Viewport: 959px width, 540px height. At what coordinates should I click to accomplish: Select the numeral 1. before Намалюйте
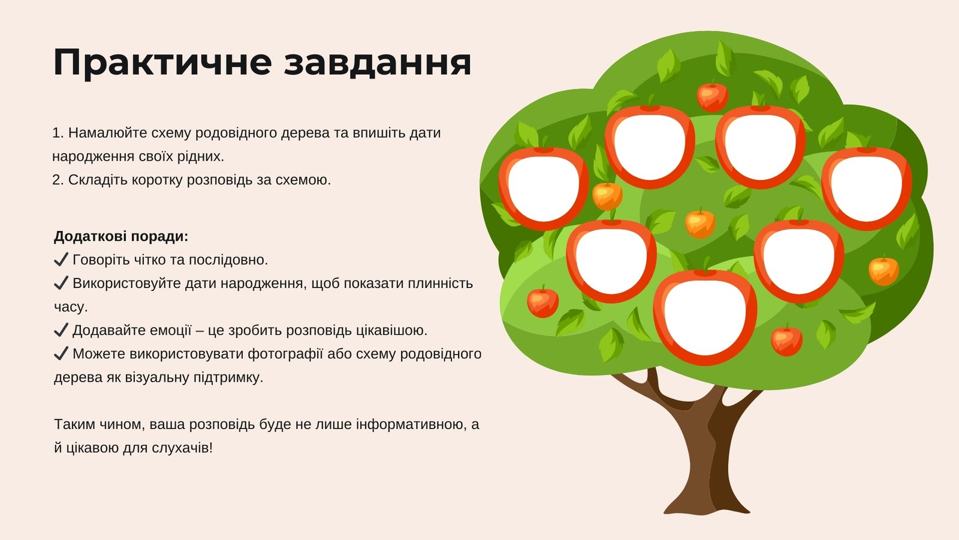58,133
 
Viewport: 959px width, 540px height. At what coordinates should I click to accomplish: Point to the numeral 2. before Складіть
58,180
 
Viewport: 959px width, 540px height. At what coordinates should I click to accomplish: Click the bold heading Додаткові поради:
121,236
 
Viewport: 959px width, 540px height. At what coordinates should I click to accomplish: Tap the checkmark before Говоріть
61,259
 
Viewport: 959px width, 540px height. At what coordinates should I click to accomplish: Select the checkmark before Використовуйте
61,283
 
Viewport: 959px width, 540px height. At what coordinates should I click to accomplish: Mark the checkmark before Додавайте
61,329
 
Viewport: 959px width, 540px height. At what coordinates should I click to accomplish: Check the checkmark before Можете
61,353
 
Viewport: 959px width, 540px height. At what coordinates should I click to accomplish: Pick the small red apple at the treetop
713,97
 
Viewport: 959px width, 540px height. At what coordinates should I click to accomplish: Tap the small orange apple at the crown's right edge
883,271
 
